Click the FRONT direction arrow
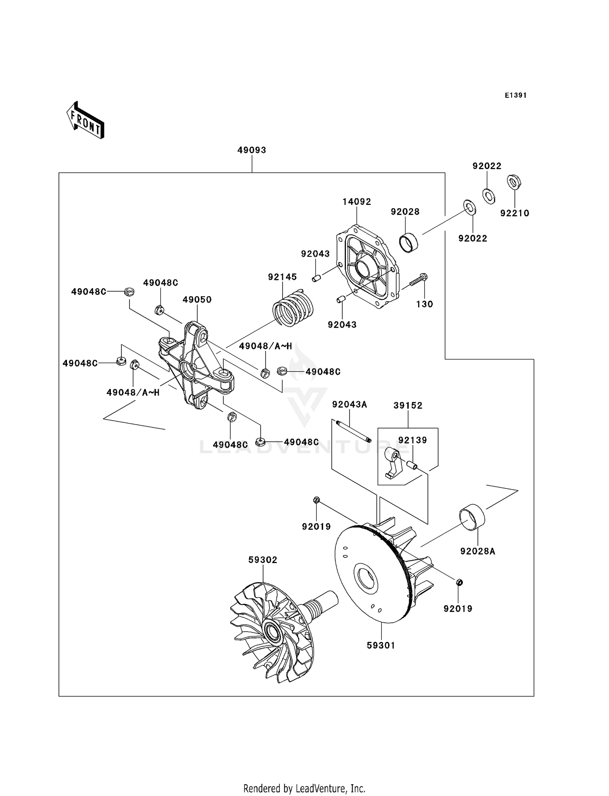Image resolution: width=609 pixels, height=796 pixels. tap(86, 121)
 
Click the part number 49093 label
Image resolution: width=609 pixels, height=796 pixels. tap(252, 150)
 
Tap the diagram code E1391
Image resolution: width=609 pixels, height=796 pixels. tap(516, 95)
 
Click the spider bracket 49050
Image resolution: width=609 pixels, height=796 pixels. tap(196, 366)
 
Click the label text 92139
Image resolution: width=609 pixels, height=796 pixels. tap(412, 440)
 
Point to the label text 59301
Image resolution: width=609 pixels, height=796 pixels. tap(381, 645)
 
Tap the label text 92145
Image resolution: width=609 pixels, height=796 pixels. tap(282, 277)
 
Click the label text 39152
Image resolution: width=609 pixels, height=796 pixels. tap(408, 405)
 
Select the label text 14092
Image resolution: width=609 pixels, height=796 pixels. tap(357, 202)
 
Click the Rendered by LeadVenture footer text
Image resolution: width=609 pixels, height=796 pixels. tap(304, 788)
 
